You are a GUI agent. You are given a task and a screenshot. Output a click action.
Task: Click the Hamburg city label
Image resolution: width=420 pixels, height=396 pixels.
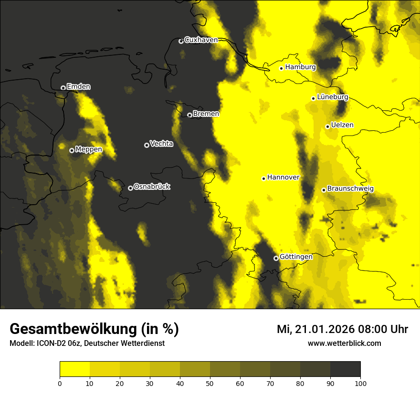click(300, 67)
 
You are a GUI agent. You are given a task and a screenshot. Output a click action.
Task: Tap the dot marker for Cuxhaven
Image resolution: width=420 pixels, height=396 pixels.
click(181, 41)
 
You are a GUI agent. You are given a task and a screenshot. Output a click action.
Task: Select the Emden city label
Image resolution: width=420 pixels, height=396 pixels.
click(78, 87)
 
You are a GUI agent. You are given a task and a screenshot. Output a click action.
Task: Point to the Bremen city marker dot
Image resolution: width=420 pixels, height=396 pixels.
click(189, 115)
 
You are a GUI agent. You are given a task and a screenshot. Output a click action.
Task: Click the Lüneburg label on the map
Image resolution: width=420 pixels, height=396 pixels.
click(332, 97)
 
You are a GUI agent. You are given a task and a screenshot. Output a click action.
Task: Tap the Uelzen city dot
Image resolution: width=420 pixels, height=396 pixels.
click(327, 126)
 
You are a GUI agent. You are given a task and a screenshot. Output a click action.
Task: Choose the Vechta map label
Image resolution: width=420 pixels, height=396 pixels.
click(161, 144)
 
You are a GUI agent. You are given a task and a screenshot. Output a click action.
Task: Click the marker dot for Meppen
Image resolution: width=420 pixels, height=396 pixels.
click(72, 150)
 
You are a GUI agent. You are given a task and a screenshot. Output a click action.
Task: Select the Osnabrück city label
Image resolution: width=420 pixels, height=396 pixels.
click(152, 187)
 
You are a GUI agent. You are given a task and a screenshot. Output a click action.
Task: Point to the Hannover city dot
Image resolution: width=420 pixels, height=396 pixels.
click(263, 178)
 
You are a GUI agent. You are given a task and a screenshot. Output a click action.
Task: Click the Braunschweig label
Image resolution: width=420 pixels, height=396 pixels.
click(350, 188)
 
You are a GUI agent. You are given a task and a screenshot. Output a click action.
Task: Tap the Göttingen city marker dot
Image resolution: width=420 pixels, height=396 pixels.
click(276, 258)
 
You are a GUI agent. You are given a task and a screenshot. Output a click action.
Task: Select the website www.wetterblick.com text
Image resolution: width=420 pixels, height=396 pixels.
click(344, 343)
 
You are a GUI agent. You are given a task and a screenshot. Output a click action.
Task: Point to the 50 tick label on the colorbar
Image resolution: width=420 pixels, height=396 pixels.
click(210, 383)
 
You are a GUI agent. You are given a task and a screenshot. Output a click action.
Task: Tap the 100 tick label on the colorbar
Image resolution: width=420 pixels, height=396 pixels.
click(360, 383)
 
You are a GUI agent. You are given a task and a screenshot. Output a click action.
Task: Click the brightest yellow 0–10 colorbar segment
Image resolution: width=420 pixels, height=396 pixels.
click(75, 369)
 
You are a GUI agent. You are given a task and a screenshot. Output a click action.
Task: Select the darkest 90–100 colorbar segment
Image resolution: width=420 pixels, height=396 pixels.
click(345, 369)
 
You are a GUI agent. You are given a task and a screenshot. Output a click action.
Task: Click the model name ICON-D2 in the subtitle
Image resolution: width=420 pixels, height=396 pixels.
click(49, 344)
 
